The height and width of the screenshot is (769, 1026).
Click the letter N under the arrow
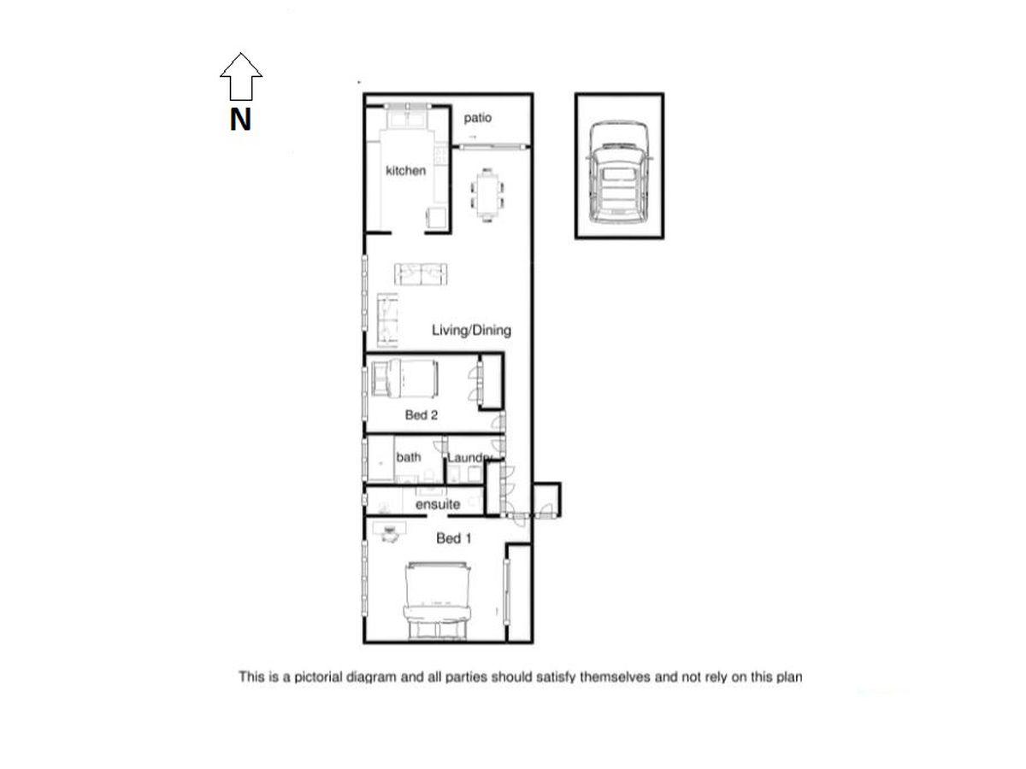point(240,120)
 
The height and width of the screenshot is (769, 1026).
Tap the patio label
point(478,118)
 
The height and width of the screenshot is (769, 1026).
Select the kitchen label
point(405,171)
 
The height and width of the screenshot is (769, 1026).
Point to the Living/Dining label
point(471,330)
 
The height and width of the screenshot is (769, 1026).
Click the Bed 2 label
point(421,415)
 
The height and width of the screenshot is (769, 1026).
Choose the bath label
point(409,457)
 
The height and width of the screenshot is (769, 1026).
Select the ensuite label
point(438,505)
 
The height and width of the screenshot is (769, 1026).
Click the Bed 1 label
point(453,538)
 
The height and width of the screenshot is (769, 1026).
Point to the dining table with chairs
point(488,196)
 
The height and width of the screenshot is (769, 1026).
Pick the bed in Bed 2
point(404,379)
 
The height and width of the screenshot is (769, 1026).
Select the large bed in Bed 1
point(439,599)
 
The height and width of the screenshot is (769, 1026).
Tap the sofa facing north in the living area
point(421,274)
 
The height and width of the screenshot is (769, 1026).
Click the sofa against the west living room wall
point(387,319)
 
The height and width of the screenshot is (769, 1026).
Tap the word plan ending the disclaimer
point(788,678)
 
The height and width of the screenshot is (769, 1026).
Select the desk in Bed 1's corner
point(390,531)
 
